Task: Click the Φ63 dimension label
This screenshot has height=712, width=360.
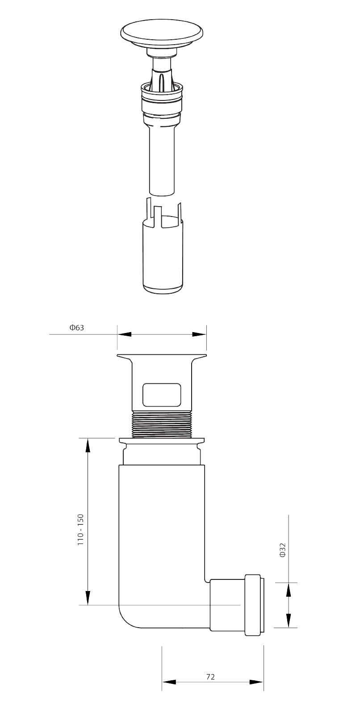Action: tap(77, 328)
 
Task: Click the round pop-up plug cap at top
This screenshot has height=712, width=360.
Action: tap(162, 33)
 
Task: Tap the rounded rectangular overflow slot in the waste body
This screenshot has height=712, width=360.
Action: tap(162, 395)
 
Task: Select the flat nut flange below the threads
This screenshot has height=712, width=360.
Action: tap(162, 441)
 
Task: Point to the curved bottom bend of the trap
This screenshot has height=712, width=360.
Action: tap(130, 616)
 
